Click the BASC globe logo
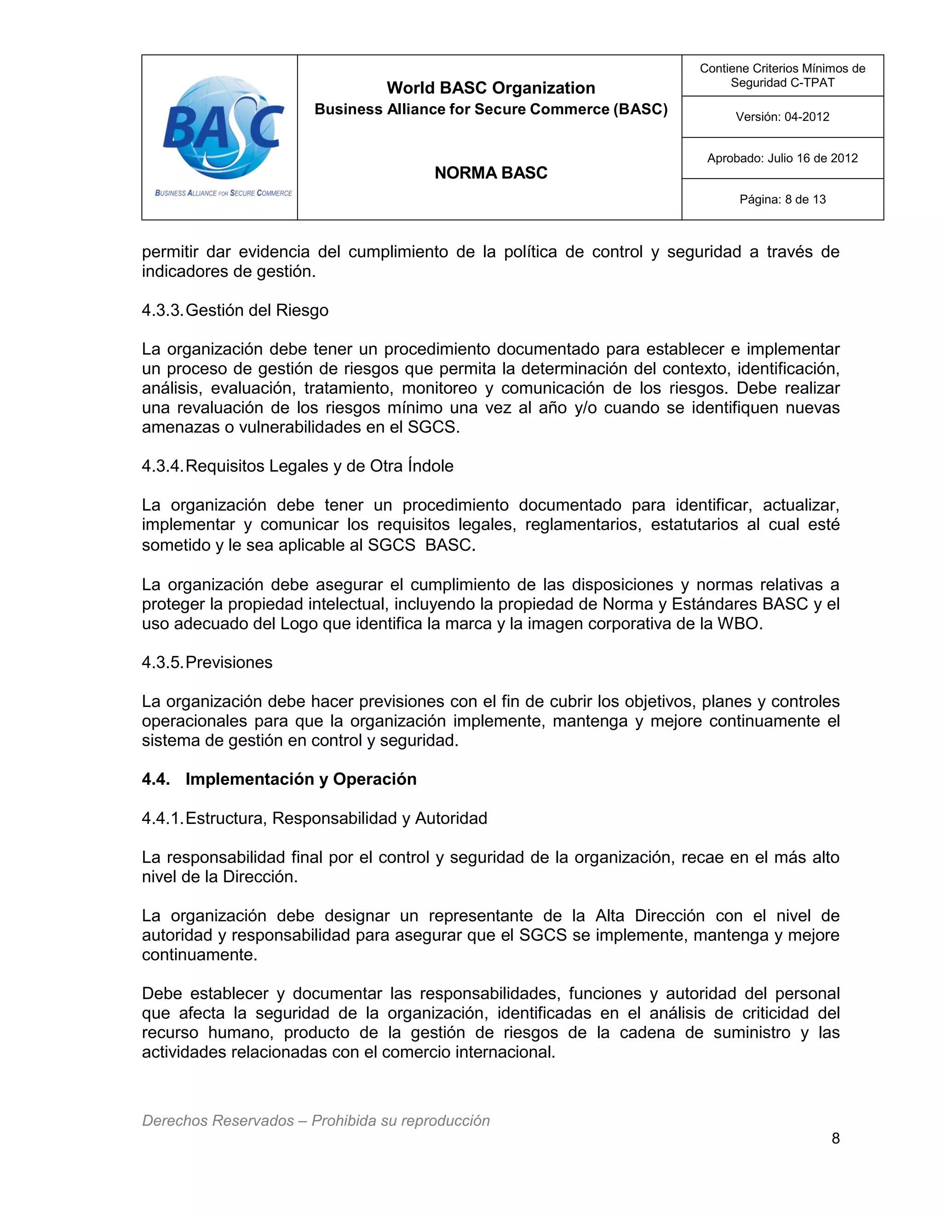pos(222,127)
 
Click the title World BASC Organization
pos(490,87)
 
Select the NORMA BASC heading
pos(490,173)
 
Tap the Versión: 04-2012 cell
pos(782,117)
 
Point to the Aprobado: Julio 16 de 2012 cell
pos(782,158)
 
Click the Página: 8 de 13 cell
pos(782,199)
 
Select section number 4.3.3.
pos(161,310)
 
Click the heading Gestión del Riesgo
pos(257,310)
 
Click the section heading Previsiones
pos(229,662)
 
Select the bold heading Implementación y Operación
pos(301,779)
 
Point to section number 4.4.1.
pos(161,818)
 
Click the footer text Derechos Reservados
pos(218,1120)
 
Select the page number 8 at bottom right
pos(835,1138)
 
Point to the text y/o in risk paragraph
pos(586,408)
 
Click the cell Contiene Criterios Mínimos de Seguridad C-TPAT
pos(782,75)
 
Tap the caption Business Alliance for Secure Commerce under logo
pos(223,193)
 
